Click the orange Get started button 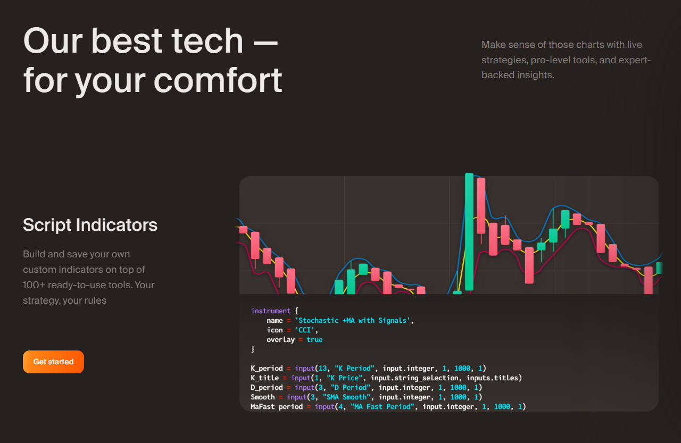(53, 362)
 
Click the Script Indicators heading (90, 225)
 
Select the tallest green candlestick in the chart (469, 231)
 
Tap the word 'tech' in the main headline (207, 40)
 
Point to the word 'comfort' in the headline (218, 80)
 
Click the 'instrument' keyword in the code (271, 311)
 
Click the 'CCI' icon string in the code (304, 330)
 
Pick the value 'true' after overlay (314, 340)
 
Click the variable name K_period (267, 368)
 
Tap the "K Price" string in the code (344, 378)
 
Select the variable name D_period (267, 388)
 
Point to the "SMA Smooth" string (346, 397)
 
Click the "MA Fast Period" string (383, 406)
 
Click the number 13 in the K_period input (322, 368)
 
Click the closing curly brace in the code (253, 349)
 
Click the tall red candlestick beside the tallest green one (481, 206)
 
